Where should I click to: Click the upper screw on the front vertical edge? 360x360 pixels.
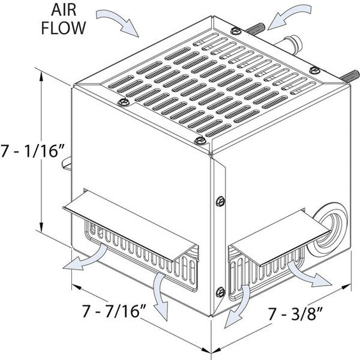tap(221, 201)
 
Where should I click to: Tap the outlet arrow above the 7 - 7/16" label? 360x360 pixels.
tap(161, 293)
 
